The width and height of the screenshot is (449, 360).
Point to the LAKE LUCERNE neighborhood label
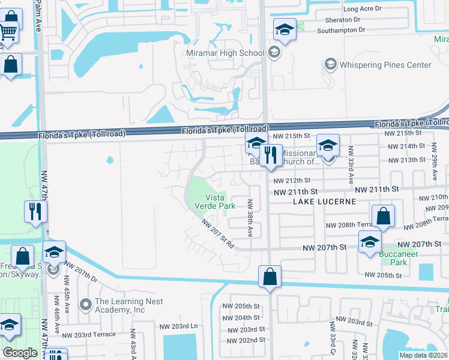[x=324, y=202]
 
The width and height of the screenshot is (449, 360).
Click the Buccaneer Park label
[x=394, y=258]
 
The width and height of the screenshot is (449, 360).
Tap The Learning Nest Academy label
[x=120, y=306]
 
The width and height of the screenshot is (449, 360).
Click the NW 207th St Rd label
[x=217, y=236]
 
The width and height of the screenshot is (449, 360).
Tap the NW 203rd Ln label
[x=178, y=326]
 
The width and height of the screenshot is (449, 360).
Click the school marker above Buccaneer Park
[x=370, y=242]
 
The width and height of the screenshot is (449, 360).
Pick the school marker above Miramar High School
[x=285, y=29]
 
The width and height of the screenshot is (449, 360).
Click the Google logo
[x=20, y=353]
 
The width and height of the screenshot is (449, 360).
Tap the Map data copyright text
[x=424, y=355]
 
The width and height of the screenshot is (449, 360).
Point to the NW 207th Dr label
[x=81, y=272]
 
